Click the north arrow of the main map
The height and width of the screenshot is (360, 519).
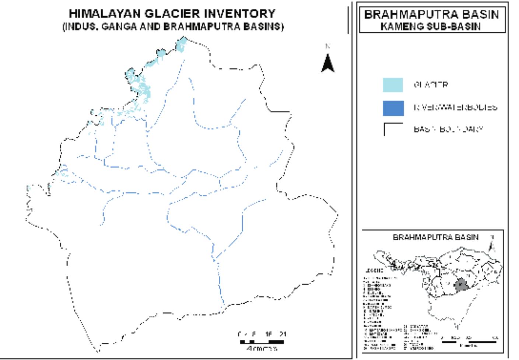(x=327, y=63)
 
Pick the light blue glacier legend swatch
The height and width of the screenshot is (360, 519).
(x=393, y=85)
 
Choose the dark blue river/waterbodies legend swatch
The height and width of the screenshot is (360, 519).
(x=393, y=108)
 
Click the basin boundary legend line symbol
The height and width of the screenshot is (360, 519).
(x=393, y=129)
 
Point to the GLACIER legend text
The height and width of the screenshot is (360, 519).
(x=431, y=85)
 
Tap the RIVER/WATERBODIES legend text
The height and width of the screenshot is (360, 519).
(x=455, y=108)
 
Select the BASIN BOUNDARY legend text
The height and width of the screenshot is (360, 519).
(x=448, y=129)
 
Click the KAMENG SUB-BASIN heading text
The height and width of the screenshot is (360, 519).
(x=430, y=27)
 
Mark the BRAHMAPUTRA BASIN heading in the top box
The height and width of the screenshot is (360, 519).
(x=431, y=15)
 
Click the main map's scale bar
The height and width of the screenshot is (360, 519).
(x=262, y=342)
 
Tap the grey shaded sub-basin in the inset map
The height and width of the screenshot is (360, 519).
(x=460, y=285)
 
